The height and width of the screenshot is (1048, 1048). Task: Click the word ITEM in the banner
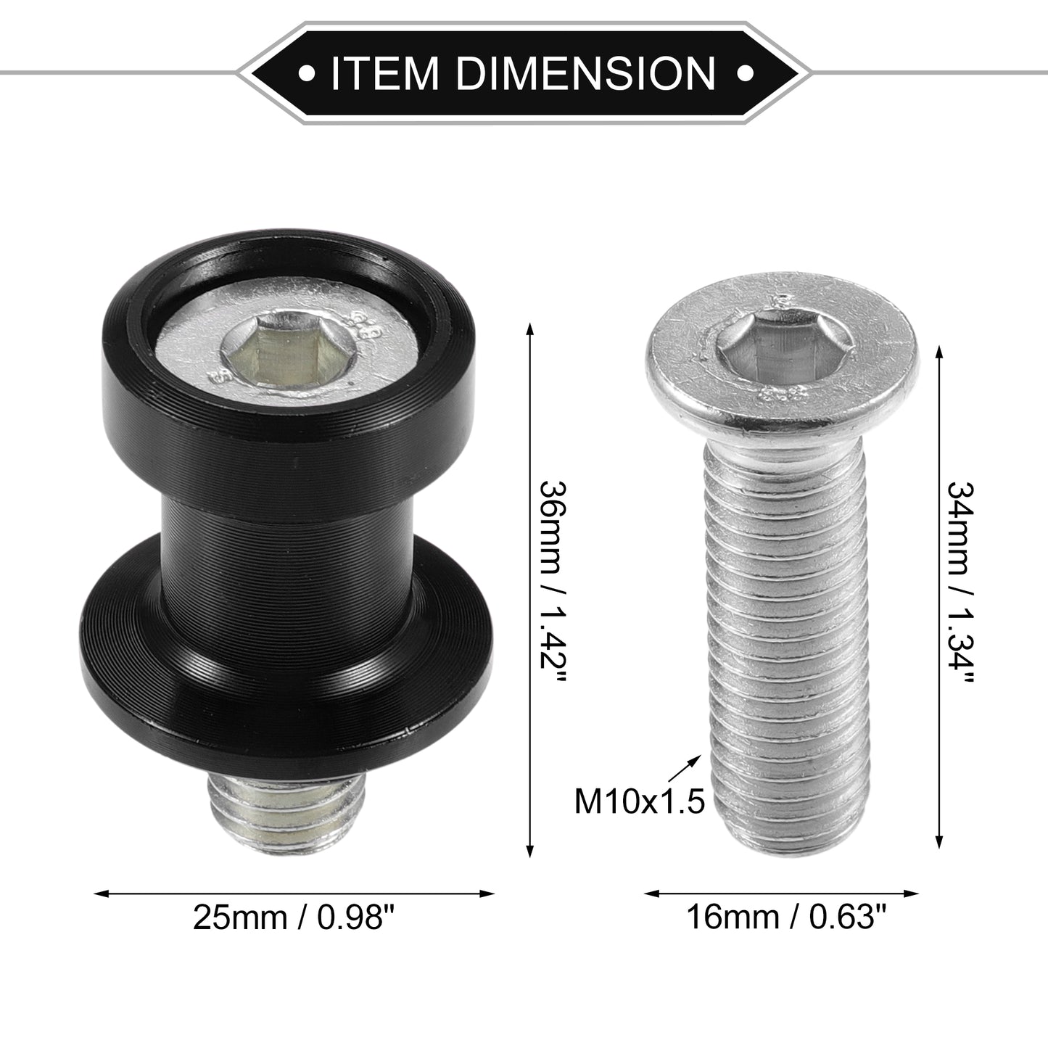pos(384,73)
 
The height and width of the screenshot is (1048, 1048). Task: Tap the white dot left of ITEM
pos(308,73)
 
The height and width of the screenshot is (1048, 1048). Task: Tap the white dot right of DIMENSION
pos(745,73)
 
